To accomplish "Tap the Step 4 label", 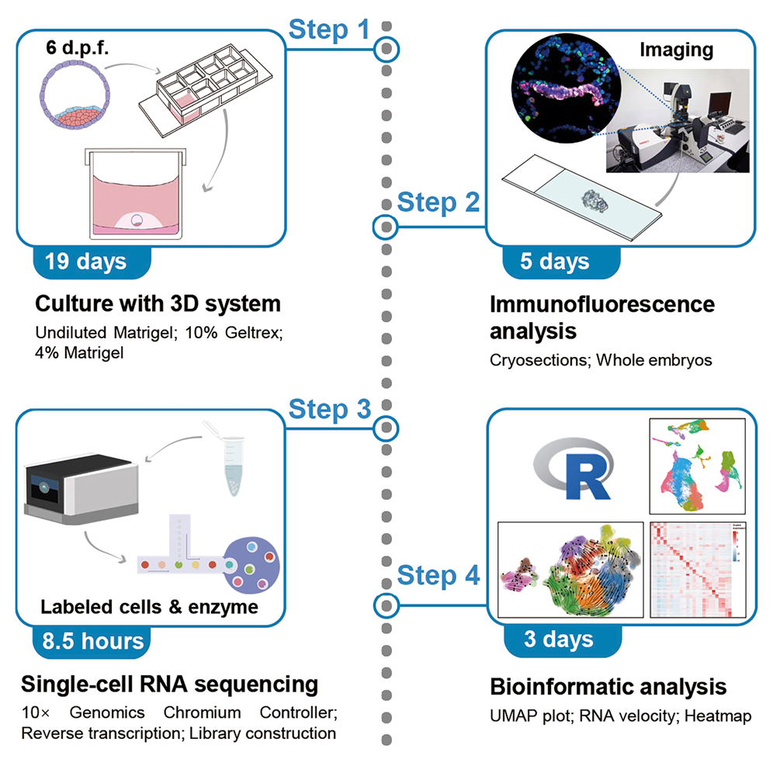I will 438,576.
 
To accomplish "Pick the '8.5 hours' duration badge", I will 92,640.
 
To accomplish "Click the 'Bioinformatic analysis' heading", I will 608,687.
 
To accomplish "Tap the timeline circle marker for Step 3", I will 386,427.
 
